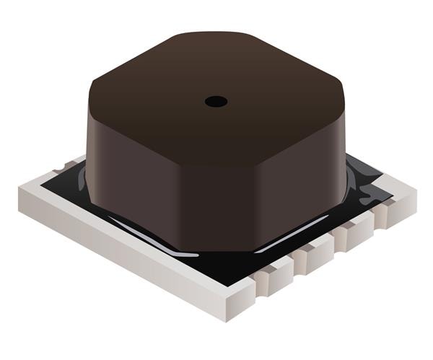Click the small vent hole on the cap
216,102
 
